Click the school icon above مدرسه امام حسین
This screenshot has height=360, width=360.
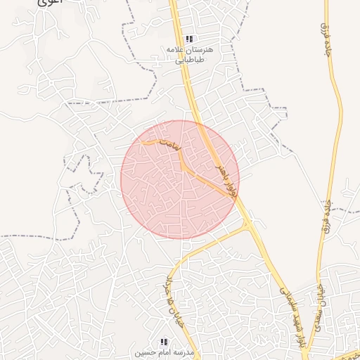[x=164, y=341]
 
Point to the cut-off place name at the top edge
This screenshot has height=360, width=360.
[x=49, y=3]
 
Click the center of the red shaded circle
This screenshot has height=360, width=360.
[x=180, y=179]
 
